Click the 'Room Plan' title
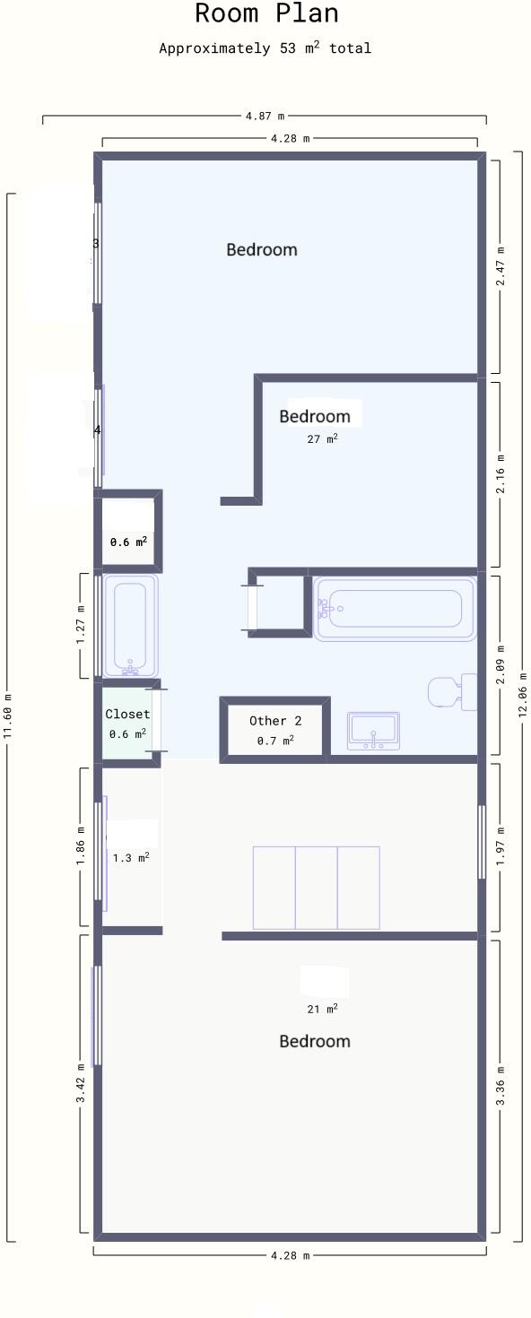266,14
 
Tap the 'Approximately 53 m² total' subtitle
265,48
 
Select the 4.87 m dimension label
265,116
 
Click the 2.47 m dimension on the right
501,266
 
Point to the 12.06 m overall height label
523,695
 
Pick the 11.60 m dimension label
8,716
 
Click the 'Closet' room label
127,715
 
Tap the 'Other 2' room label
275,721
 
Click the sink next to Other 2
373,731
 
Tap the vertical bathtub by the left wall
131,626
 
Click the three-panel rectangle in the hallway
316,888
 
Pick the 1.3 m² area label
131,858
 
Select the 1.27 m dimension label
81,626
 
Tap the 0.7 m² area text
275,741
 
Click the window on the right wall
482,842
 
